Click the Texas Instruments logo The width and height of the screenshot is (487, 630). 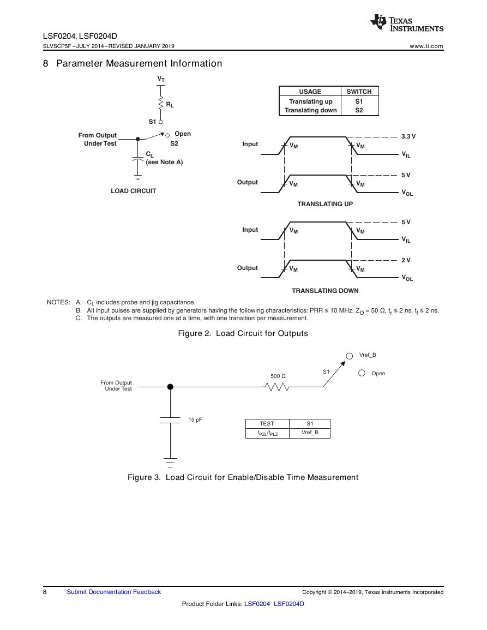(407, 23)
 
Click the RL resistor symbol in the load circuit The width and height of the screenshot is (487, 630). (161, 103)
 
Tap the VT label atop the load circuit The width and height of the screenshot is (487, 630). (161, 79)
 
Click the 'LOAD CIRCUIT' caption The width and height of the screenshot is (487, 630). (134, 191)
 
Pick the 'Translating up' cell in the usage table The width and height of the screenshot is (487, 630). (311, 101)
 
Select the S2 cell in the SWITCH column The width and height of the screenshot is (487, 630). (359, 110)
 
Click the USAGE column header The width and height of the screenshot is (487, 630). (310, 92)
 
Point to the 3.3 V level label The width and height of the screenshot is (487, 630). (408, 136)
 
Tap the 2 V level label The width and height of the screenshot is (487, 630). (406, 260)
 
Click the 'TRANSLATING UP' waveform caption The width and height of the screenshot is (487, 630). (325, 204)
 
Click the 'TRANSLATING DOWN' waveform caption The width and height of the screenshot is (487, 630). (325, 291)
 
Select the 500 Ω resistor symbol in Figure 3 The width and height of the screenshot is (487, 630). (277, 387)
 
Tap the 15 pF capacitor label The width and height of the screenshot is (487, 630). (195, 419)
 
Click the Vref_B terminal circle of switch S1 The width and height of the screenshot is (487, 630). (350, 356)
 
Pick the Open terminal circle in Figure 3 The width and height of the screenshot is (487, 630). (362, 373)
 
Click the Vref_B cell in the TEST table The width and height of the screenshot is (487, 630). (310, 433)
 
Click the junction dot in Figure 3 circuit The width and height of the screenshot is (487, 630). (170, 387)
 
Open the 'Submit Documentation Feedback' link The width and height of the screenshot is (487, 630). (114, 592)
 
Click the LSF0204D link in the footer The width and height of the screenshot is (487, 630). (289, 604)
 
